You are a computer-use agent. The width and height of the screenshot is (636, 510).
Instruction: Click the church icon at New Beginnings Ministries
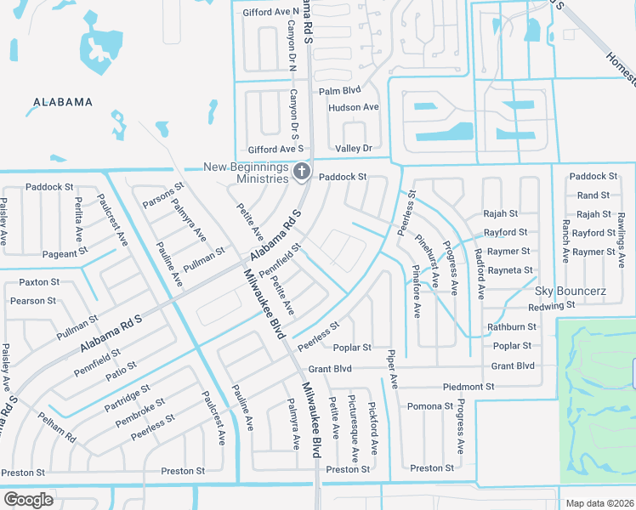click(x=300, y=173)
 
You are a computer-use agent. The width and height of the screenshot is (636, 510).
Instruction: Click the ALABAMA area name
click(x=62, y=102)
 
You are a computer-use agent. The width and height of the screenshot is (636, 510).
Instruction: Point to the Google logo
click(x=28, y=499)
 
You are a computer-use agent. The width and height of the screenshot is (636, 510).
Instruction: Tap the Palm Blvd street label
click(x=339, y=90)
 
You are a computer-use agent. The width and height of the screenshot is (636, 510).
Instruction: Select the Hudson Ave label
click(x=353, y=107)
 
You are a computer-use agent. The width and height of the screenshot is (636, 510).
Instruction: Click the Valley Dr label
click(x=354, y=149)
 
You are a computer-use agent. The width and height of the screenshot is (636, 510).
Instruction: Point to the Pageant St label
click(x=65, y=252)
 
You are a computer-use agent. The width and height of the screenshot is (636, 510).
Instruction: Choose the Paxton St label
click(x=39, y=281)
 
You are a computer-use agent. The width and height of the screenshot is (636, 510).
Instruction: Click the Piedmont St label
click(x=468, y=387)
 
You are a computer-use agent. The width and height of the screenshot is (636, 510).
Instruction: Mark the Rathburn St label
click(x=511, y=326)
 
